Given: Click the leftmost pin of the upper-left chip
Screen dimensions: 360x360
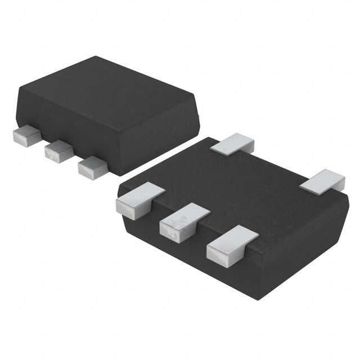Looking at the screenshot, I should (x=26, y=135).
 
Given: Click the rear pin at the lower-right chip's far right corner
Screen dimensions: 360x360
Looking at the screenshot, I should (x=322, y=180).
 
